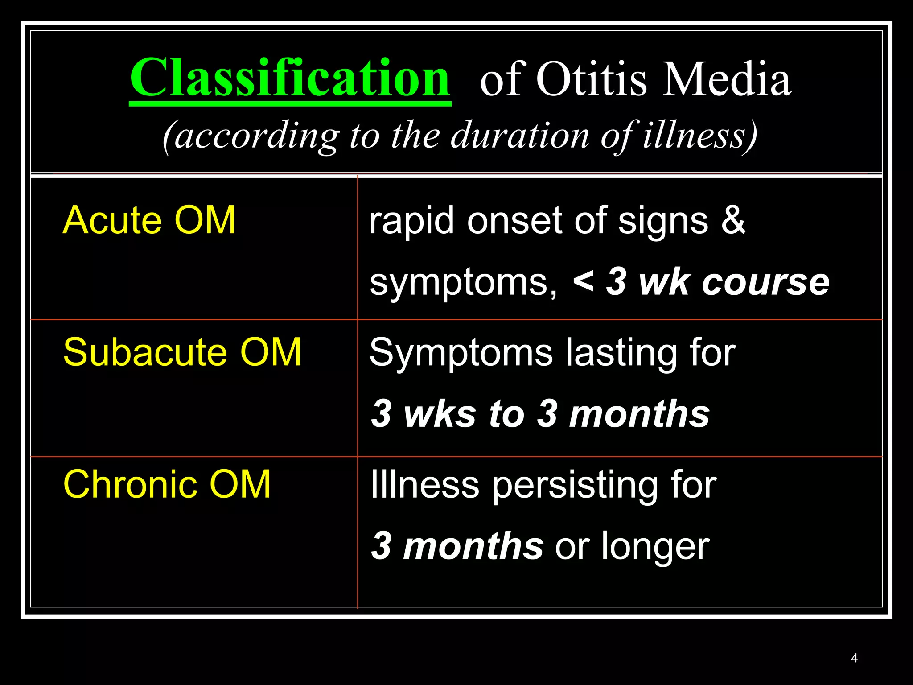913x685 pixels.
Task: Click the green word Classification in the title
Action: (290, 78)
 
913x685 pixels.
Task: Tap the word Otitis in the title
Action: (591, 79)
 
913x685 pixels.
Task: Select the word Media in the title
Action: (727, 79)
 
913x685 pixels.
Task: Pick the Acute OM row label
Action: (149, 220)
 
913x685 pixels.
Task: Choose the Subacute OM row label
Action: (182, 352)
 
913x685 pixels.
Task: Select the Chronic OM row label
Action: (167, 484)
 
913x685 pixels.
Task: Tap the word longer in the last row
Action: (655, 547)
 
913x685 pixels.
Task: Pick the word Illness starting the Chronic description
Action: (424, 484)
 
